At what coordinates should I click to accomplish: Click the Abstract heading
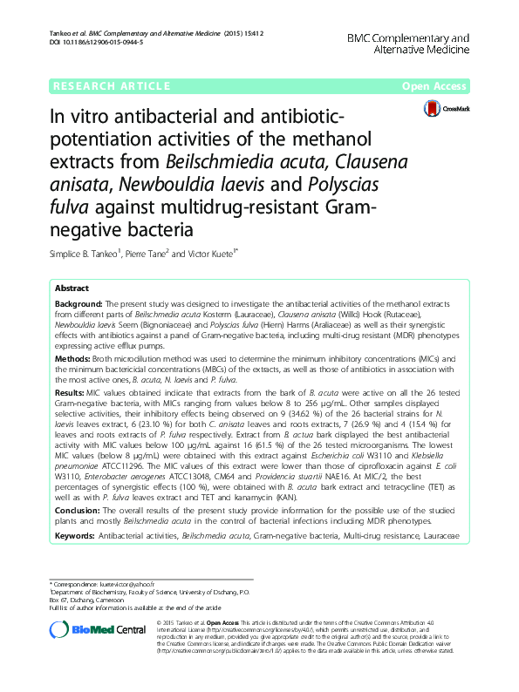tap(72, 288)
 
